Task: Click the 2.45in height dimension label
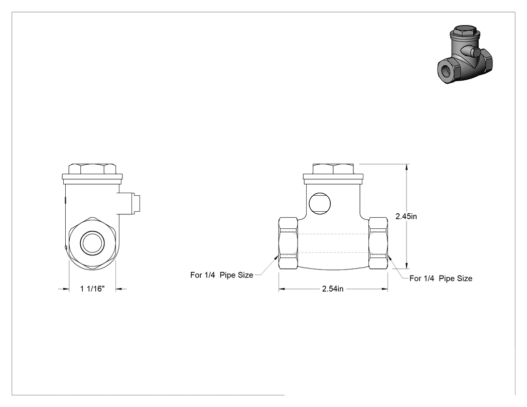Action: [406, 216]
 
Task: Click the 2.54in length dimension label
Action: [333, 289]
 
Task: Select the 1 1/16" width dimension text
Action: [92, 289]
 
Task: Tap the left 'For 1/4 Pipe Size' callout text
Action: [221, 275]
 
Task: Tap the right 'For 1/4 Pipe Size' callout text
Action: [441, 279]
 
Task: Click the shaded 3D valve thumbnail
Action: [465, 54]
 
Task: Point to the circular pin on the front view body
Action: [320, 203]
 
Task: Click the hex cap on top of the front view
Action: [333, 169]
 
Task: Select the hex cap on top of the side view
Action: [92, 169]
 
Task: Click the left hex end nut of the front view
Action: [288, 243]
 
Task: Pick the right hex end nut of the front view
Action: [378, 243]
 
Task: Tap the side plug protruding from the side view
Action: [129, 203]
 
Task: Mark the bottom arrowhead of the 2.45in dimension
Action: [407, 265]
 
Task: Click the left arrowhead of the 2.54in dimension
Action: [282, 289]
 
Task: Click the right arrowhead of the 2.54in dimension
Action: [384, 289]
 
